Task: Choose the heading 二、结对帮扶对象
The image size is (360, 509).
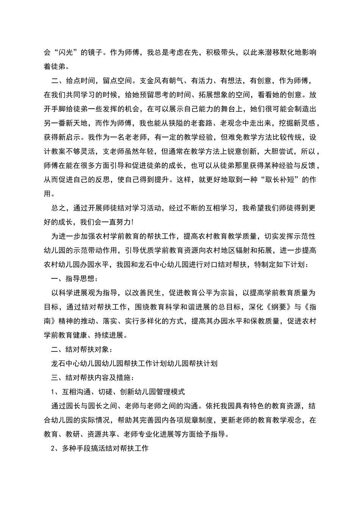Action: point(81,349)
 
